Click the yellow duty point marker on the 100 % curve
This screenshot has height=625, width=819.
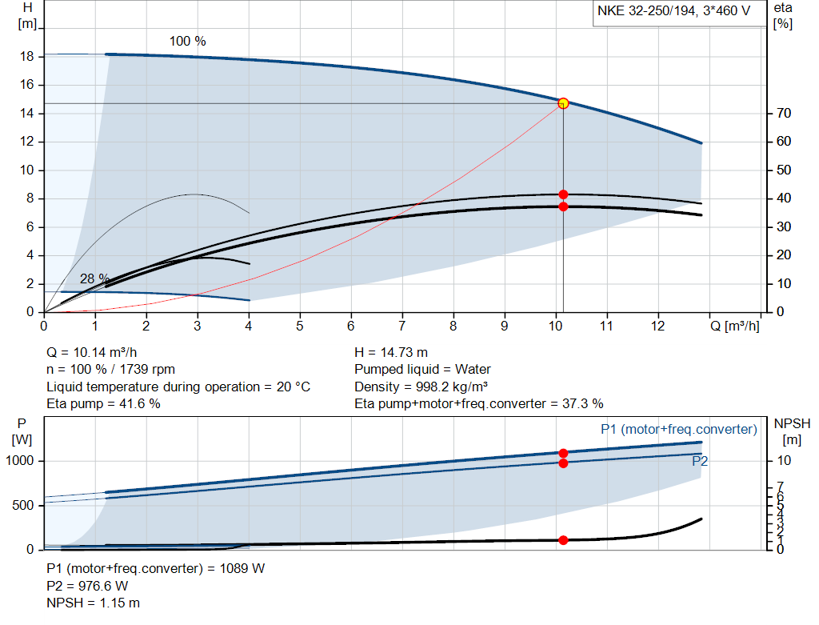point(563,103)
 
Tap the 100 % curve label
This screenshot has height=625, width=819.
point(187,41)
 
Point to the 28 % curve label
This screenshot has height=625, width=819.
point(94,278)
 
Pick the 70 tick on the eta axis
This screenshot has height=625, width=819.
point(783,114)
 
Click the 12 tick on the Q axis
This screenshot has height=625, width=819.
point(657,327)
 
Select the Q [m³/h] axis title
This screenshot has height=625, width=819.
point(734,327)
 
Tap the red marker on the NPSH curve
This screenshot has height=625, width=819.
point(563,540)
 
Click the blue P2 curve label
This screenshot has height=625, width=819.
point(700,461)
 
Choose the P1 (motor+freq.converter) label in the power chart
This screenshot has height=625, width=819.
point(678,430)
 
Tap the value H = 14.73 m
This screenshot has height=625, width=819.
point(392,352)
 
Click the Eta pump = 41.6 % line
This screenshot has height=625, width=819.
point(103,403)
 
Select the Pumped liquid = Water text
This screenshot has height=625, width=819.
point(422,370)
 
